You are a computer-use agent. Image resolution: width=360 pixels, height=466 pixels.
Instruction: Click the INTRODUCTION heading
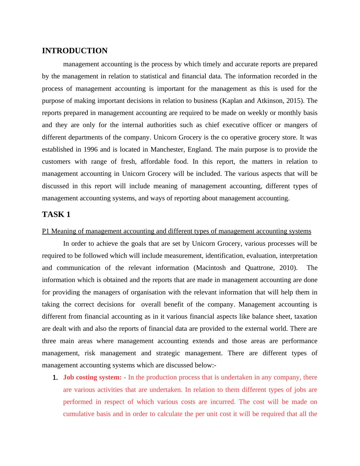click(74, 51)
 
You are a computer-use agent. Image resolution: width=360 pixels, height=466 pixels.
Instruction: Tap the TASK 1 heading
click(56, 215)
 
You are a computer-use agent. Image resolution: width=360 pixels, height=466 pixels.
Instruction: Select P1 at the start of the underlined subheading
click(46, 231)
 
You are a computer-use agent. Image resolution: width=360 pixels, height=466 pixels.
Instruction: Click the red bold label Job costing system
click(92, 377)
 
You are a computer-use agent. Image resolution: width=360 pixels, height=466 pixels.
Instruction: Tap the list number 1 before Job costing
click(55, 378)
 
